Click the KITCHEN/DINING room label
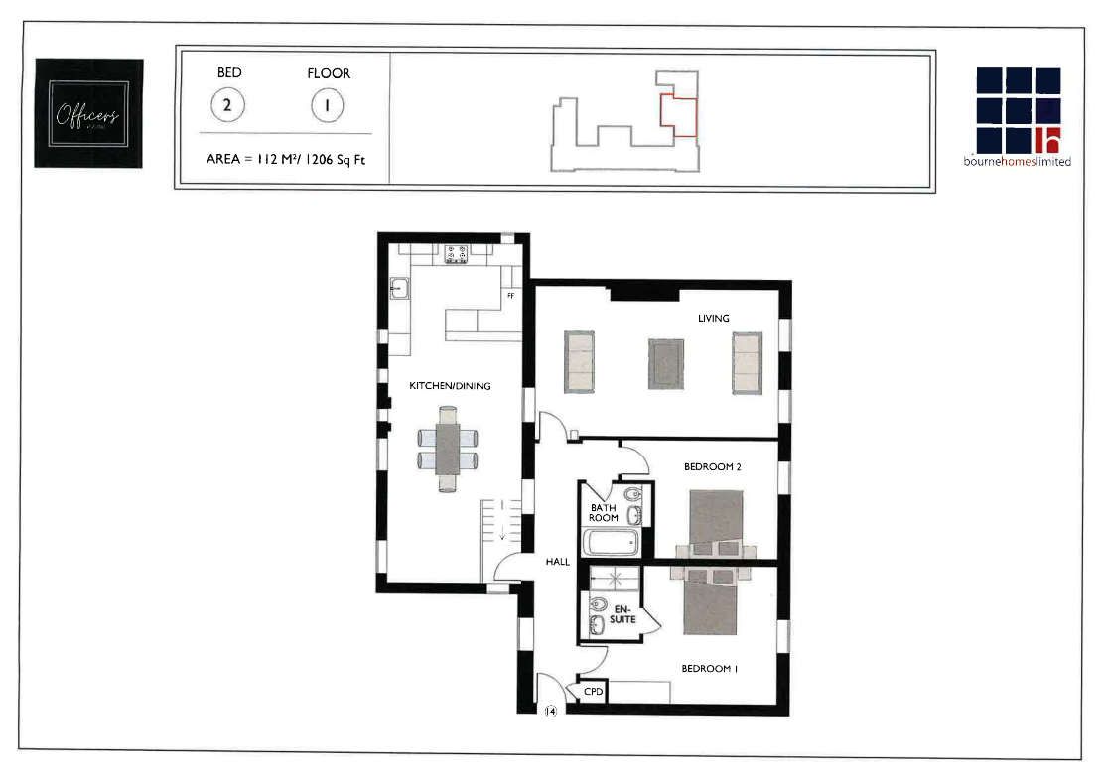450,386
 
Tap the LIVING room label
713,319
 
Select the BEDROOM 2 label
713,466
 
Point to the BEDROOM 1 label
709,669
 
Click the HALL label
558,562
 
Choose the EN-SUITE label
623,614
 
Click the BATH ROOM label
604,513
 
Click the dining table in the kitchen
449,449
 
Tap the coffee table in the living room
666,364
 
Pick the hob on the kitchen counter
457,254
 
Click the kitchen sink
400,288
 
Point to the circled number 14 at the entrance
549,712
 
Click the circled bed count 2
228,104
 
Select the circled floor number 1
328,104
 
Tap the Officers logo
88,113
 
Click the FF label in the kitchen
510,296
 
